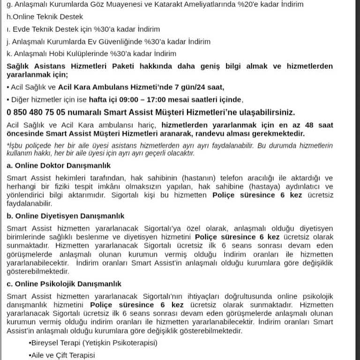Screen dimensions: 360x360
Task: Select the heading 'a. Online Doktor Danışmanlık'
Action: point(59,165)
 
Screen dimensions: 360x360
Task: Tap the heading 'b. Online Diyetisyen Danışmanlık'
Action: point(65,216)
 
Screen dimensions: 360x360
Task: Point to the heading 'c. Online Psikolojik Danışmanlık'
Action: point(64,284)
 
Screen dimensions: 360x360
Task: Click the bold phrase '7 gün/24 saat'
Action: point(199,87)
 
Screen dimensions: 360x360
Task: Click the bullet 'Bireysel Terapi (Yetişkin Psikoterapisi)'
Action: point(93,343)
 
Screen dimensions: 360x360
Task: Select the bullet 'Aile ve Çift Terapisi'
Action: point(62,355)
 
